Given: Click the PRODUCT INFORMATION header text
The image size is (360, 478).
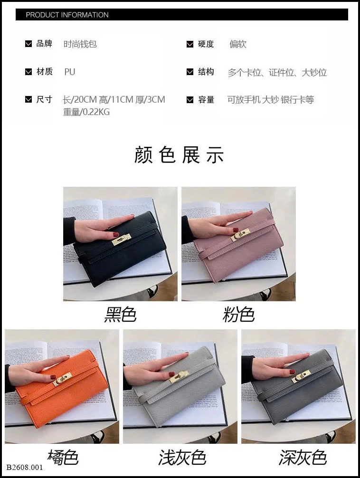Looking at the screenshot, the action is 67,15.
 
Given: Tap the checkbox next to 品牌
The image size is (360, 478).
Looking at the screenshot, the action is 28,44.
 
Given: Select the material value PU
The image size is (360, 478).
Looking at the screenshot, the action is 69,72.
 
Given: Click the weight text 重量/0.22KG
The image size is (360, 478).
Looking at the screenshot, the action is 86,112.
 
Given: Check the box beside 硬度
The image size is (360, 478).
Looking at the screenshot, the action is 190,44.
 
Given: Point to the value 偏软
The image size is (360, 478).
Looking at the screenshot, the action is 238,44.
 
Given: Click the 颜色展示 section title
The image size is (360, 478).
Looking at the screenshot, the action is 179,155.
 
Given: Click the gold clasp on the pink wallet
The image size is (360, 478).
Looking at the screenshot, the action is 239,235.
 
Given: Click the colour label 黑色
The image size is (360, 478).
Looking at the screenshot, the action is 121,315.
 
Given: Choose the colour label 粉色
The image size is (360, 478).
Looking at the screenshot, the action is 239,315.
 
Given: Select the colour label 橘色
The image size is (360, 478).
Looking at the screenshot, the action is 63,457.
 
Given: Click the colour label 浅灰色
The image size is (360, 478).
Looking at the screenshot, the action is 182,458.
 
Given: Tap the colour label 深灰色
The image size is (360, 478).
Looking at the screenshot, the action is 303,458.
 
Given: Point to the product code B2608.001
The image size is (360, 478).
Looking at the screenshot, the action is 25,468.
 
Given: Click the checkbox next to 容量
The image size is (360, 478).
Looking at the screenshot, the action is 190,100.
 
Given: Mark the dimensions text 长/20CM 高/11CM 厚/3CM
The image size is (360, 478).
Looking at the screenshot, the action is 114,99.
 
